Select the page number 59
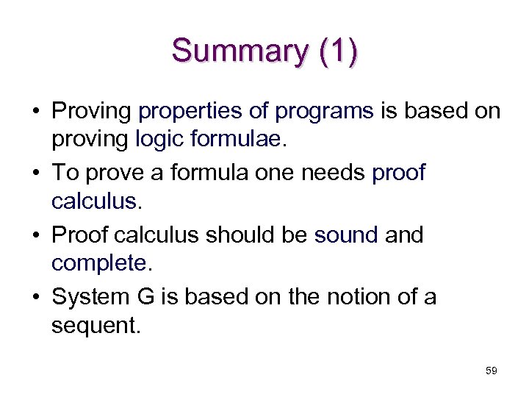click(491, 371)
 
